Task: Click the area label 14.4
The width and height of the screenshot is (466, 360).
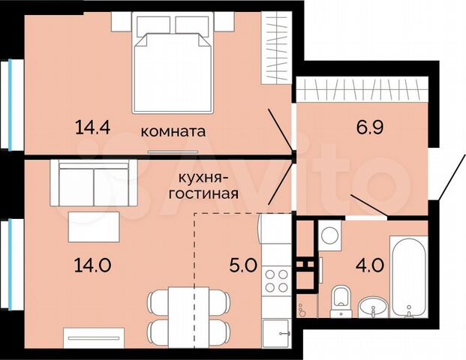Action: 93,127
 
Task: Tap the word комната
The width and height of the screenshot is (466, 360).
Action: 173,130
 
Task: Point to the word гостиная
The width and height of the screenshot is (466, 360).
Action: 208,193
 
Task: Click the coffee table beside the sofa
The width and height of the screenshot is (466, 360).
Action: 92,226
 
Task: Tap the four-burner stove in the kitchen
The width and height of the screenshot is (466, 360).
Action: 277,279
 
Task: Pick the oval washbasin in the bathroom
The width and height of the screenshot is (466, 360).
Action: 371,307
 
